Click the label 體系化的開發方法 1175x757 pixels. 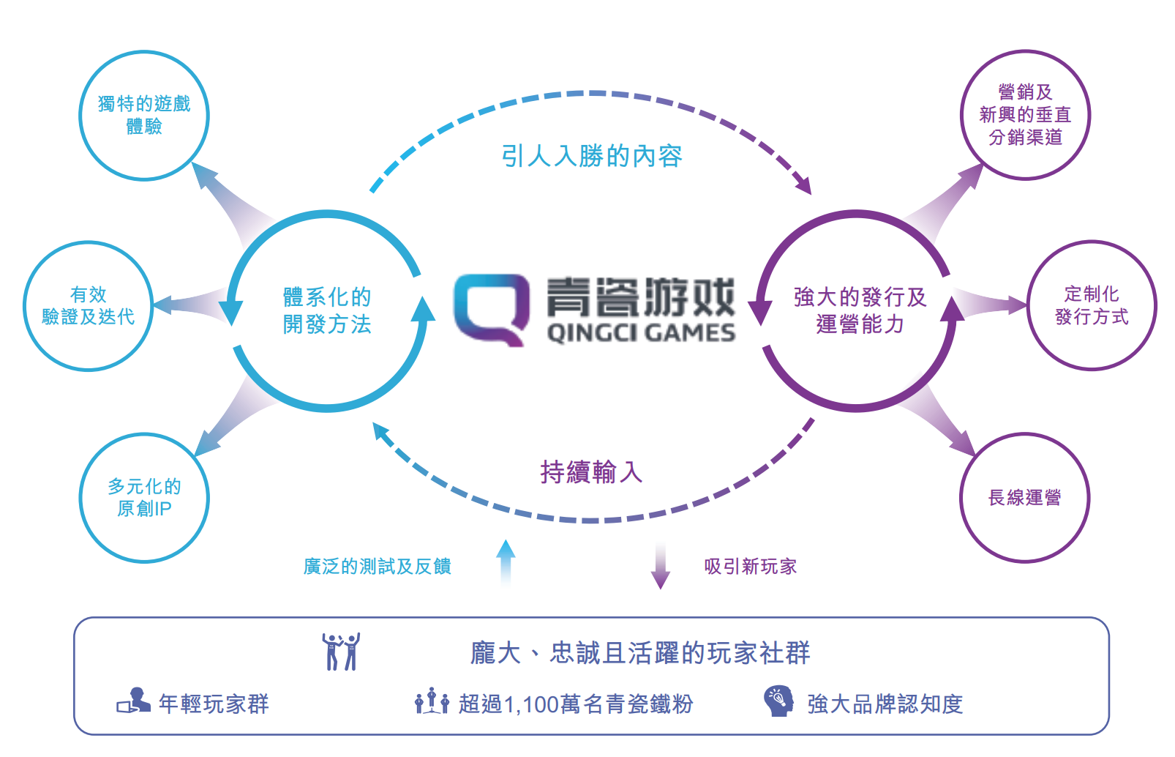[x=327, y=310]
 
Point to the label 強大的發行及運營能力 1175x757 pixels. [x=860, y=310]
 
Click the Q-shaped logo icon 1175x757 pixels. [x=492, y=310]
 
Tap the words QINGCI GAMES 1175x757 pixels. [x=641, y=334]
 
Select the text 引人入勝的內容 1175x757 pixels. [x=592, y=156]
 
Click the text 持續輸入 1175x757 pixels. [x=592, y=471]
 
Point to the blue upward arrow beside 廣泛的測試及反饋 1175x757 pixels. [x=506, y=563]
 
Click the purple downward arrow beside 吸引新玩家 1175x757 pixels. [x=661, y=567]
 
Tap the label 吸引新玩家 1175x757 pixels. [x=751, y=567]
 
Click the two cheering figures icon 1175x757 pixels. [x=342, y=652]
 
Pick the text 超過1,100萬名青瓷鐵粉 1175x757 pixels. [x=576, y=704]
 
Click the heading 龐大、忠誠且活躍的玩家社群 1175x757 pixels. [x=640, y=653]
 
